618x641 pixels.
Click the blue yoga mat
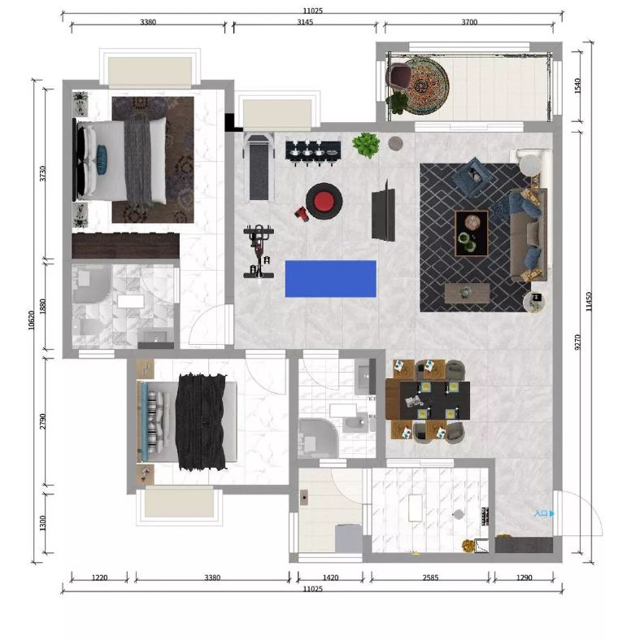(331, 279)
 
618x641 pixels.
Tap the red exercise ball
(324, 201)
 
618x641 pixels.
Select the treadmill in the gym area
(259, 168)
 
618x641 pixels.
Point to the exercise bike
(259, 251)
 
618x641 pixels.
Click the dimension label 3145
(305, 22)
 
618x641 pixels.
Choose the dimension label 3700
(469, 22)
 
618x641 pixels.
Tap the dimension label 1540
(577, 86)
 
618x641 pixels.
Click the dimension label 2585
(430, 578)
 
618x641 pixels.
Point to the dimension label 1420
(331, 578)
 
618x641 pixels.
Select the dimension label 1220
(99, 578)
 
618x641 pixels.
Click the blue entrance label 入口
(541, 513)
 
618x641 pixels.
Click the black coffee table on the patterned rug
(472, 233)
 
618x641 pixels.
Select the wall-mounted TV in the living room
(383, 211)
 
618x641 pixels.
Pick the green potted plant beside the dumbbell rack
(366, 145)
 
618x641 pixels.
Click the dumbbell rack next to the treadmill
(313, 151)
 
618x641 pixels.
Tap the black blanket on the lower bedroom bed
(201, 421)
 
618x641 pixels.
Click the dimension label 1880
(42, 306)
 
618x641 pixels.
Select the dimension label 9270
(577, 342)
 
